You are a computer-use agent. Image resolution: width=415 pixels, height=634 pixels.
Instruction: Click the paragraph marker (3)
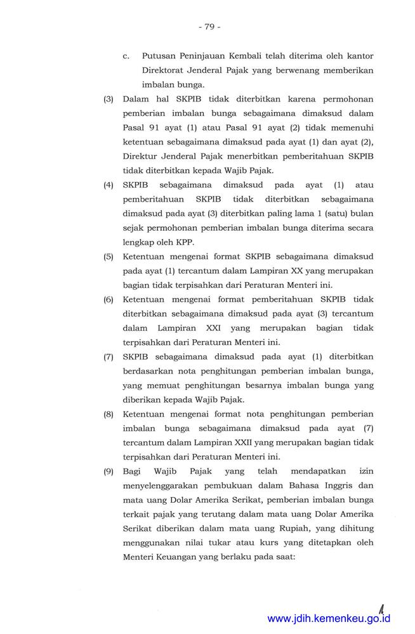(x=109, y=100)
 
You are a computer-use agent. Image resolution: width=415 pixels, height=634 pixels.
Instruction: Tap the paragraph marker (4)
(x=109, y=185)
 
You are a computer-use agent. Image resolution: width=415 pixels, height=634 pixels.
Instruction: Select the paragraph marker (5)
(x=109, y=257)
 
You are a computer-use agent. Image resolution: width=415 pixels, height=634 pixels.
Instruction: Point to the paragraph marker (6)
(x=109, y=299)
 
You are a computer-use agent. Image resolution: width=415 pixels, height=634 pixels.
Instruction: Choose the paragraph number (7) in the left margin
(x=109, y=357)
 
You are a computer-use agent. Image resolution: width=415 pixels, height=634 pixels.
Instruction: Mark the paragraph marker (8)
(x=109, y=414)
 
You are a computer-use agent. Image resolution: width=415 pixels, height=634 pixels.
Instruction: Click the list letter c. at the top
(x=127, y=56)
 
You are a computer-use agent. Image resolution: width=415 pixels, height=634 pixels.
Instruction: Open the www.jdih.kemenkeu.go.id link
(x=329, y=619)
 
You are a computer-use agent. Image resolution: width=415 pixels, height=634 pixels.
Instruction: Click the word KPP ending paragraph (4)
(x=185, y=242)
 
